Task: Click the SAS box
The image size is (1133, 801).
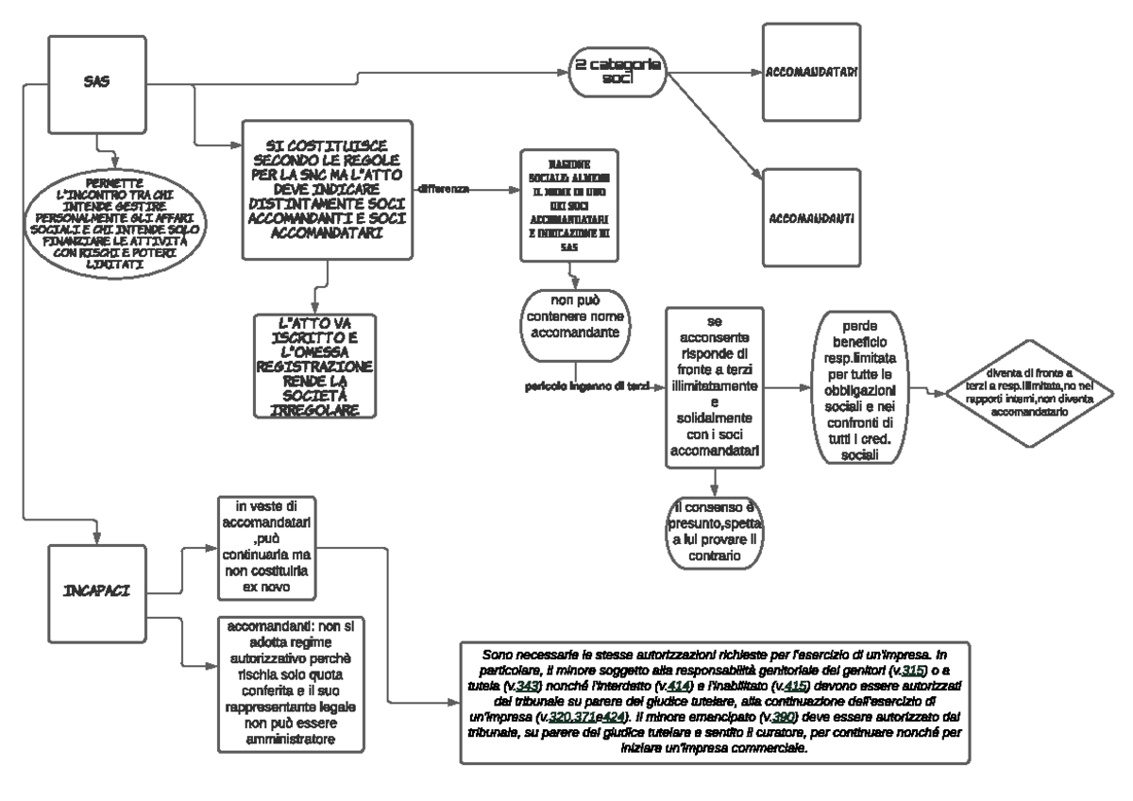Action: (x=96, y=82)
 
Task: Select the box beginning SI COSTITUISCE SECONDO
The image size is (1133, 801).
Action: (x=327, y=190)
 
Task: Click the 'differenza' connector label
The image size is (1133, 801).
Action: (x=469, y=189)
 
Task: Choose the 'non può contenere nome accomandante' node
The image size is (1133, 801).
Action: (x=574, y=322)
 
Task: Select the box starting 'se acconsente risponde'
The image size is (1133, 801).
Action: (x=715, y=387)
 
